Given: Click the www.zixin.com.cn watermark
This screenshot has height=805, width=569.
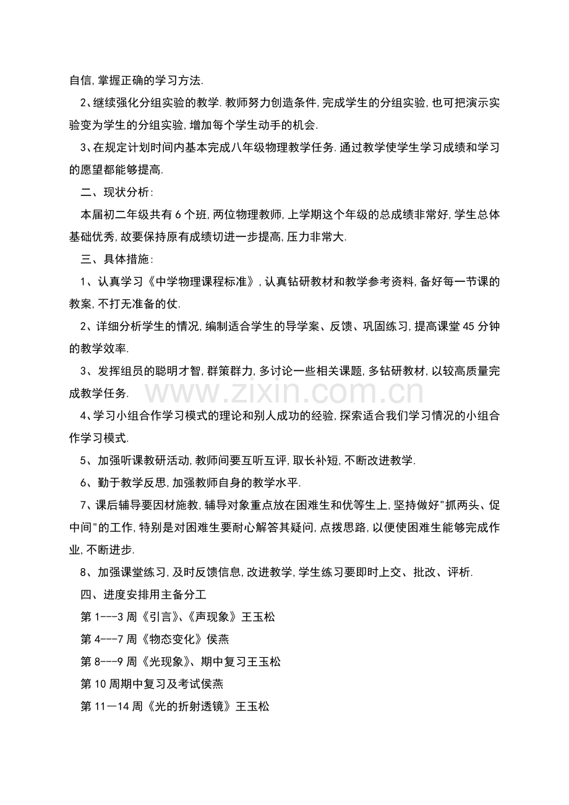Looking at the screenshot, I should [284, 392].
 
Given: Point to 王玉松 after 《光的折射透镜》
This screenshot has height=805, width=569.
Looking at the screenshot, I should [253, 705].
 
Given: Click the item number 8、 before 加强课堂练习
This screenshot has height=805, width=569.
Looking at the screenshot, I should [87, 572].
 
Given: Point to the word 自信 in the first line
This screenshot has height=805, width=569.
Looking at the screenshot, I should [80, 81].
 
